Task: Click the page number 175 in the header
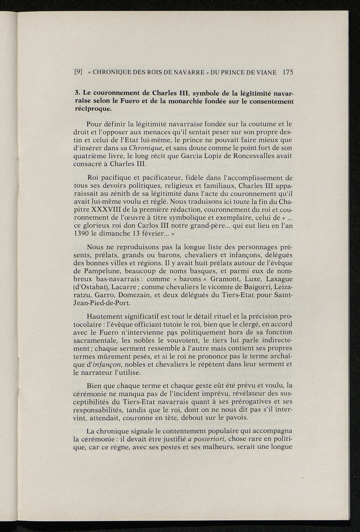click(288, 72)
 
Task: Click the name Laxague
click(279, 279)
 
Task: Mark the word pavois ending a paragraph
click(237, 418)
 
